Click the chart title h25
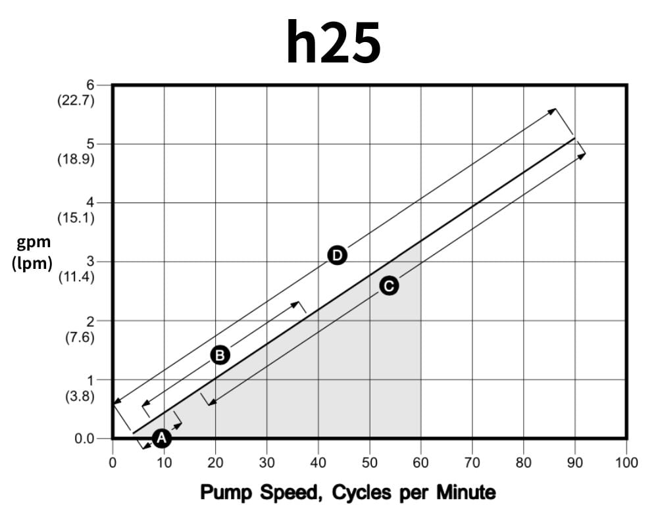pyautogui.click(x=334, y=42)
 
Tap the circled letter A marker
pyautogui.click(x=161, y=438)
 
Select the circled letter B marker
pyautogui.click(x=220, y=355)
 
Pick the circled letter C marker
pyautogui.click(x=389, y=286)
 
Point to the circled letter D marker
pyautogui.click(x=337, y=255)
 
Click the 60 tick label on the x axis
pyautogui.click(x=420, y=463)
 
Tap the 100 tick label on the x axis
pyautogui.click(x=626, y=463)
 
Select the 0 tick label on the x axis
pyautogui.click(x=113, y=463)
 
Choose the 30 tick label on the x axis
pyautogui.click(x=266, y=463)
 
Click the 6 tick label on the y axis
pyautogui.click(x=90, y=85)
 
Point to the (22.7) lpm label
pyautogui.click(x=76, y=101)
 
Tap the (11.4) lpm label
pyautogui.click(x=76, y=277)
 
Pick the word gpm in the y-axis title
pyautogui.click(x=34, y=243)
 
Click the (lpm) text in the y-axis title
pyautogui.click(x=33, y=264)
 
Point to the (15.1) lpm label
pyautogui.click(x=76, y=218)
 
